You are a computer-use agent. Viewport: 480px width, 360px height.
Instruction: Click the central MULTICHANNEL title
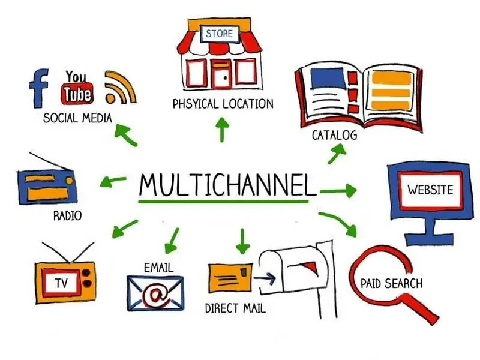click(x=227, y=185)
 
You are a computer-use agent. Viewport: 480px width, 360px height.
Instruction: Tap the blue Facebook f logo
click(x=38, y=88)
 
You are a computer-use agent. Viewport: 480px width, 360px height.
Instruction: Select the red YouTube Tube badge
click(x=77, y=93)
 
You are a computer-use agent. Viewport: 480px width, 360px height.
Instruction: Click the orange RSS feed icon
click(x=120, y=88)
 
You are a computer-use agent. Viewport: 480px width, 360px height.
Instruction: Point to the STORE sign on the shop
click(x=219, y=34)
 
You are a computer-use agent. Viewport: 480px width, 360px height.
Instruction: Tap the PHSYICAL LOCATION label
click(x=223, y=104)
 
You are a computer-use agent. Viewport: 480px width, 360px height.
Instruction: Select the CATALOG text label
click(x=334, y=135)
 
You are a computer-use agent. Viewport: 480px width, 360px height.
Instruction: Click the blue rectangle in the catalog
click(x=327, y=79)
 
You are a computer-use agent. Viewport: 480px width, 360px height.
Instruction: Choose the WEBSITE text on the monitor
click(x=430, y=190)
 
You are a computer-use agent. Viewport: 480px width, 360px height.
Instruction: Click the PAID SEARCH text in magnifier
click(x=392, y=283)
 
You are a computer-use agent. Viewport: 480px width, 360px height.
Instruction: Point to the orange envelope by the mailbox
click(x=230, y=278)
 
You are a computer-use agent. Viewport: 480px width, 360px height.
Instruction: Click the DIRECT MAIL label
click(x=235, y=308)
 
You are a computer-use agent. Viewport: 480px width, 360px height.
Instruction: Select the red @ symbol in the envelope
click(x=156, y=295)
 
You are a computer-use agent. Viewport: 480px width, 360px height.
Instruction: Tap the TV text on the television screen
click(x=62, y=283)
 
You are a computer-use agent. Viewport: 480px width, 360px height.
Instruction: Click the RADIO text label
click(x=68, y=216)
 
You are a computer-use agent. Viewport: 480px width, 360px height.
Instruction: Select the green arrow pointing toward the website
click(x=338, y=191)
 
